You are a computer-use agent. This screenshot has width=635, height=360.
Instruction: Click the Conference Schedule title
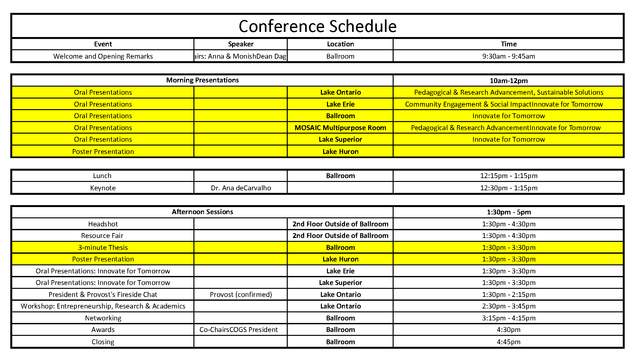(317, 26)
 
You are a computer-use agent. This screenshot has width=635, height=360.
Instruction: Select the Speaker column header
(240, 44)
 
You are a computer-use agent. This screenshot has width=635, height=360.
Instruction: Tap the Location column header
(340, 44)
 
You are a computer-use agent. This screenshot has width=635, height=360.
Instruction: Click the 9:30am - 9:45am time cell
(509, 56)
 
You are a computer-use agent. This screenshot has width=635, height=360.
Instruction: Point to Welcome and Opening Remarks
(103, 56)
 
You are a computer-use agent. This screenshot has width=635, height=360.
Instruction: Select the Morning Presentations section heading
(202, 80)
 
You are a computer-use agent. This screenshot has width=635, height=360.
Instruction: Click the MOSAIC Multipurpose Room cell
(340, 128)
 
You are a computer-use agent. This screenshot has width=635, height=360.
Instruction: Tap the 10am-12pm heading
(509, 81)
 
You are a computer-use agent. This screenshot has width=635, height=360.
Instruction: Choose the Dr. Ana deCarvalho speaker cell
(241, 188)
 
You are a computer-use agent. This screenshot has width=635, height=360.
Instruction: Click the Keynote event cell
(103, 188)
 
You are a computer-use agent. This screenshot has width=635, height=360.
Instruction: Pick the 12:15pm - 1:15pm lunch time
(509, 176)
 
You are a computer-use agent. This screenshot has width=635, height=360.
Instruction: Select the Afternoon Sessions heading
(202, 212)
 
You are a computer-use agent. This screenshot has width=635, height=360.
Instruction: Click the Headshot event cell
(103, 224)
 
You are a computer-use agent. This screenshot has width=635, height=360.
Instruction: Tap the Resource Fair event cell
(102, 236)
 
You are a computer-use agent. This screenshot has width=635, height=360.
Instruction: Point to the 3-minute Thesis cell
(103, 248)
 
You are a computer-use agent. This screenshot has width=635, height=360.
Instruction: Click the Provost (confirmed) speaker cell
(241, 295)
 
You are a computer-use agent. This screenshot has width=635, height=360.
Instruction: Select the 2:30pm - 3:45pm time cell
(509, 306)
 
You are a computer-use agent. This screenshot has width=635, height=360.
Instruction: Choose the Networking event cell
(103, 318)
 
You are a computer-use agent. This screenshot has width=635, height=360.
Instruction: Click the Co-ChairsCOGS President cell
(238, 330)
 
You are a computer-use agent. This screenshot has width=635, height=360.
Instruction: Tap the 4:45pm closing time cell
(509, 342)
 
